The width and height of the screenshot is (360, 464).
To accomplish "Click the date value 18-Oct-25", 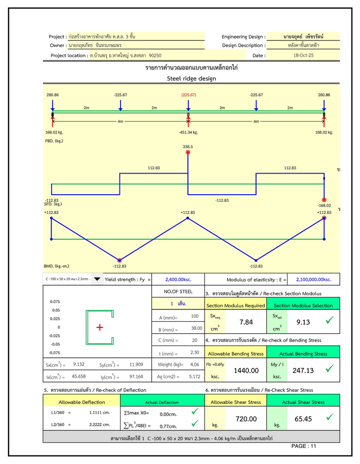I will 303,56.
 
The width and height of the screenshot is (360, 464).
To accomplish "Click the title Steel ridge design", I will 191,79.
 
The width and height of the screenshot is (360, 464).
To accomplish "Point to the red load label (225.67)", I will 188,95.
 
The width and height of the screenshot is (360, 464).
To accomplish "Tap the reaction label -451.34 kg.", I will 188,133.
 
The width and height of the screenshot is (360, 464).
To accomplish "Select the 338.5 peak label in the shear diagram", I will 188,147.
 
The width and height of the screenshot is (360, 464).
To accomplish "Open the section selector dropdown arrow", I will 97,279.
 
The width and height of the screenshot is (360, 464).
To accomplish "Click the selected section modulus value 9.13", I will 303,322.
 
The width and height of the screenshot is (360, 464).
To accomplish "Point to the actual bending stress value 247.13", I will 303,370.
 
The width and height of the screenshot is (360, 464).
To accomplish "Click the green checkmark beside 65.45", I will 329,416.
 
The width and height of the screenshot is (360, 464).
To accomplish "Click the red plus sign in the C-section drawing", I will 99,327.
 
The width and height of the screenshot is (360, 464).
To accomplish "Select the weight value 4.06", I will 194,364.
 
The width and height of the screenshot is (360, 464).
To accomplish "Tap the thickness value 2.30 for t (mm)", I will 194,352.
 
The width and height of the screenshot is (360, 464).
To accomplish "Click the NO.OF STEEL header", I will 178,291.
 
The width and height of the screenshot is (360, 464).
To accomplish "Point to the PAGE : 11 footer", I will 303,446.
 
